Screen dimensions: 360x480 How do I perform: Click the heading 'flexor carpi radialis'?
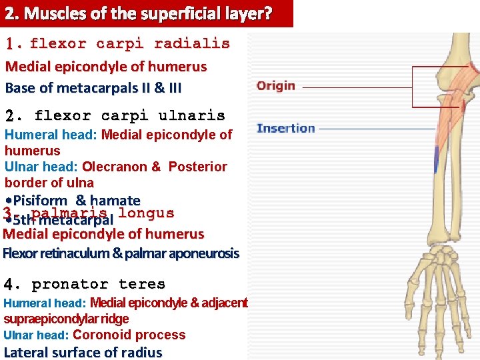(x=129, y=44)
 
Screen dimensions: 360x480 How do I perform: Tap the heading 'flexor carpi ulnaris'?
(x=129, y=116)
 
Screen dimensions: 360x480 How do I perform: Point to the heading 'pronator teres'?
(x=99, y=285)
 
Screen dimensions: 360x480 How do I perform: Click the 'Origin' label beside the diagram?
(x=275, y=86)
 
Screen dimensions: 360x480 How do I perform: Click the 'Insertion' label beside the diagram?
(x=285, y=129)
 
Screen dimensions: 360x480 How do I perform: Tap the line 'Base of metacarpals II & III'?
(x=93, y=87)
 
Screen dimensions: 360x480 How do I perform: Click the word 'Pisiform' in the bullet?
(x=40, y=201)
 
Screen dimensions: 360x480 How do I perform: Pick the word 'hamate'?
(x=115, y=201)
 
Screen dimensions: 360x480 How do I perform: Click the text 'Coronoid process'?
(x=129, y=335)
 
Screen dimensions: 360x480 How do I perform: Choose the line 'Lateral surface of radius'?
(x=83, y=353)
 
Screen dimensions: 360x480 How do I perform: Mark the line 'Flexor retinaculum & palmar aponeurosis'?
(x=121, y=253)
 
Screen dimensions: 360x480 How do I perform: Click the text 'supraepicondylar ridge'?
(x=66, y=319)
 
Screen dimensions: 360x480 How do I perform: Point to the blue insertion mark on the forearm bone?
(x=436, y=160)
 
